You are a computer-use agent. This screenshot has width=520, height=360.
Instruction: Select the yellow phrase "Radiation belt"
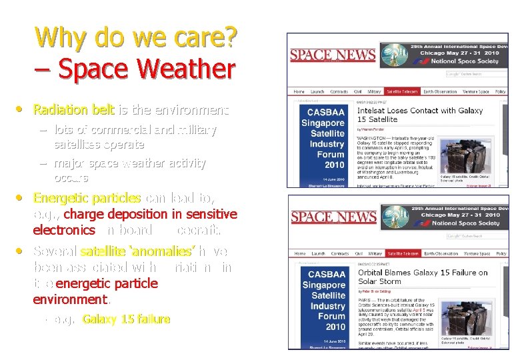tap(74, 109)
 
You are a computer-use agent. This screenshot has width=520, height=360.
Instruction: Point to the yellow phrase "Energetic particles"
tap(87, 198)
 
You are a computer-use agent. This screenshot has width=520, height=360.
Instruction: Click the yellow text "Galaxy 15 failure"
tap(126, 319)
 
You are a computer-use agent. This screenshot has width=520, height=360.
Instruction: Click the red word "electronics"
tap(64, 230)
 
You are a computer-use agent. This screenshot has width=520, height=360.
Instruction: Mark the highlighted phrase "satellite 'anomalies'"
tap(137, 251)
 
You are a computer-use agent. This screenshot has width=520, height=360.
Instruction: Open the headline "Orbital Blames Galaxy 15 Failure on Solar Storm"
tap(423, 277)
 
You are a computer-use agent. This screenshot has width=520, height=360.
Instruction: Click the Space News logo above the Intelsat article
tap(333, 55)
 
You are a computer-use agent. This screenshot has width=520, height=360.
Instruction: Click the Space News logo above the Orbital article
tap(333, 217)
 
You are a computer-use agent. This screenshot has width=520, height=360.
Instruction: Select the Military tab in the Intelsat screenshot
tap(374, 91)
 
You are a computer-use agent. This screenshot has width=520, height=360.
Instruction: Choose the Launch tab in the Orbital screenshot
tap(318, 254)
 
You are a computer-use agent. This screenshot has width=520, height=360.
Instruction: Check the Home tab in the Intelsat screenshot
tap(299, 91)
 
